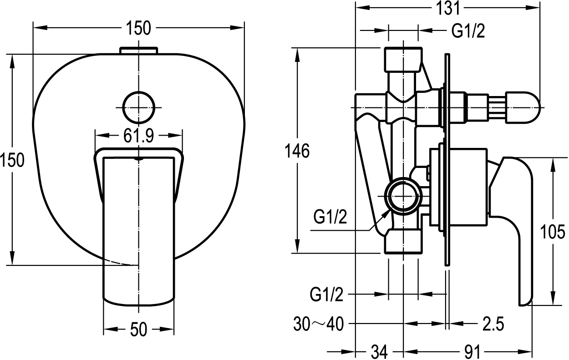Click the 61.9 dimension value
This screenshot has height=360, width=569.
pyautogui.click(x=138, y=136)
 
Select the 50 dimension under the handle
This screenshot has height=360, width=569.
pyautogui.click(x=138, y=329)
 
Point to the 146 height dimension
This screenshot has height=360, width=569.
pyautogui.click(x=297, y=151)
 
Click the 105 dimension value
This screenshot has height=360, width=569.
pyautogui.click(x=554, y=232)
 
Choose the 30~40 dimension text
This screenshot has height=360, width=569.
pyautogui.click(x=318, y=324)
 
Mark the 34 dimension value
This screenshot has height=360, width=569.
pyautogui.click(x=379, y=352)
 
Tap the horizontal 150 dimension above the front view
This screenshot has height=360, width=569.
pyautogui.click(x=138, y=28)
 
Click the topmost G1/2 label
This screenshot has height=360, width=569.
pyautogui.click(x=468, y=31)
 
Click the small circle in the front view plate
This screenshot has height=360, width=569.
pyautogui.click(x=138, y=107)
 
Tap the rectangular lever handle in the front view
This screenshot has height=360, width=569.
pyautogui.click(x=138, y=228)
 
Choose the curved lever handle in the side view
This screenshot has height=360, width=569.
pyautogui.click(x=517, y=218)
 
